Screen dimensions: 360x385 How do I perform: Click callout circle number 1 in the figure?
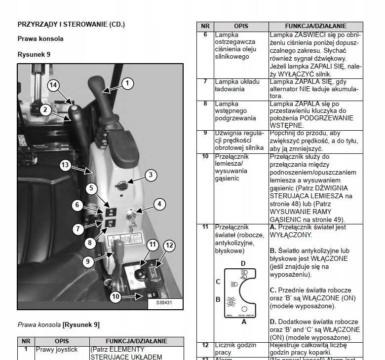point(127,83)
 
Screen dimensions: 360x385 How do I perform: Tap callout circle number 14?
point(54,85)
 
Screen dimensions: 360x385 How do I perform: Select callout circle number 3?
point(151,175)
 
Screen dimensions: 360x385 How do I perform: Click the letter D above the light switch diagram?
point(243,264)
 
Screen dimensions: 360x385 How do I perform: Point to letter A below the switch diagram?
point(243,322)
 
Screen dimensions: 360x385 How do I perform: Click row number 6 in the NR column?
point(205,35)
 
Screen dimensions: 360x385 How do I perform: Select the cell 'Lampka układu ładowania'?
point(230,85)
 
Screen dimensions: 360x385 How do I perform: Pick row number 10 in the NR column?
point(205,156)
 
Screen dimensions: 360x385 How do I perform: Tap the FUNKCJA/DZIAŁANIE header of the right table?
point(315,26)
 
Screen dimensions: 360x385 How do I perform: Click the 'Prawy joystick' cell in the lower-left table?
point(57,350)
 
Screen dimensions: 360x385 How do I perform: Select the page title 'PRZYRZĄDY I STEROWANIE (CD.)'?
point(71,24)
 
